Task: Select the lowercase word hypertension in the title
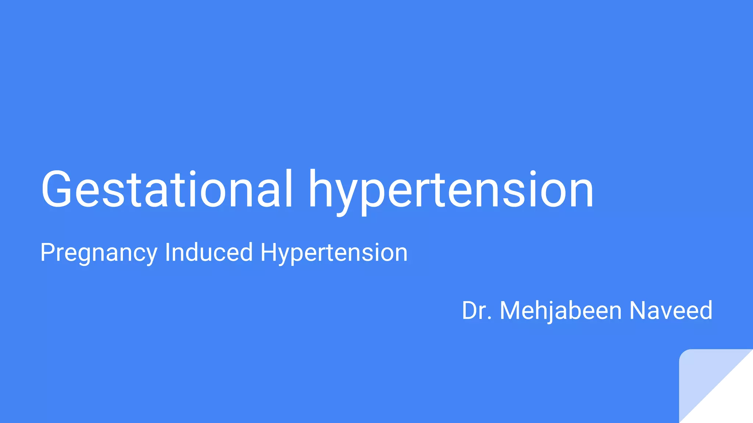click(451, 191)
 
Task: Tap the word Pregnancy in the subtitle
click(99, 253)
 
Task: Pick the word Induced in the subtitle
click(209, 253)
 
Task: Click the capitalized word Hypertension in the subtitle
click(334, 253)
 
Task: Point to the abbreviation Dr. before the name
click(477, 311)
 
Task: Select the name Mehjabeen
click(561, 311)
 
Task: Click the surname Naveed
click(671, 311)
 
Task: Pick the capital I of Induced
click(167, 252)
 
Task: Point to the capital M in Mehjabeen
click(511, 311)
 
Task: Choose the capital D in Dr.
click(470, 311)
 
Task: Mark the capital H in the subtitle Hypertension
click(270, 252)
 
